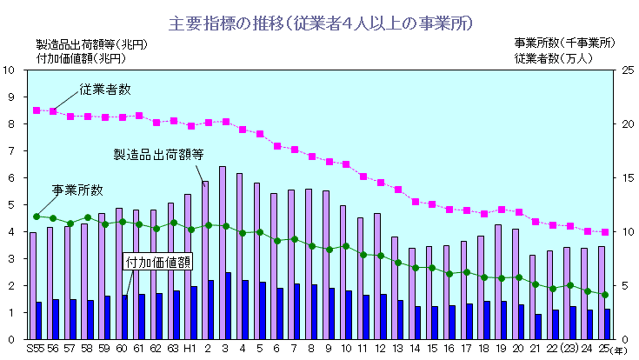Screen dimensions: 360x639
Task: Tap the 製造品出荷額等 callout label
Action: (x=158, y=154)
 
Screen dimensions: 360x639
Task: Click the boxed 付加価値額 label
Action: (x=158, y=262)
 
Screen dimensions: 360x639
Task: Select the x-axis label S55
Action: (x=35, y=350)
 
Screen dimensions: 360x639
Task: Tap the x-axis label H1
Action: (x=190, y=350)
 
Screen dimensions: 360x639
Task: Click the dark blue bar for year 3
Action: (x=229, y=305)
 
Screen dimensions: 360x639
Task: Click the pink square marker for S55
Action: (x=37, y=110)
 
